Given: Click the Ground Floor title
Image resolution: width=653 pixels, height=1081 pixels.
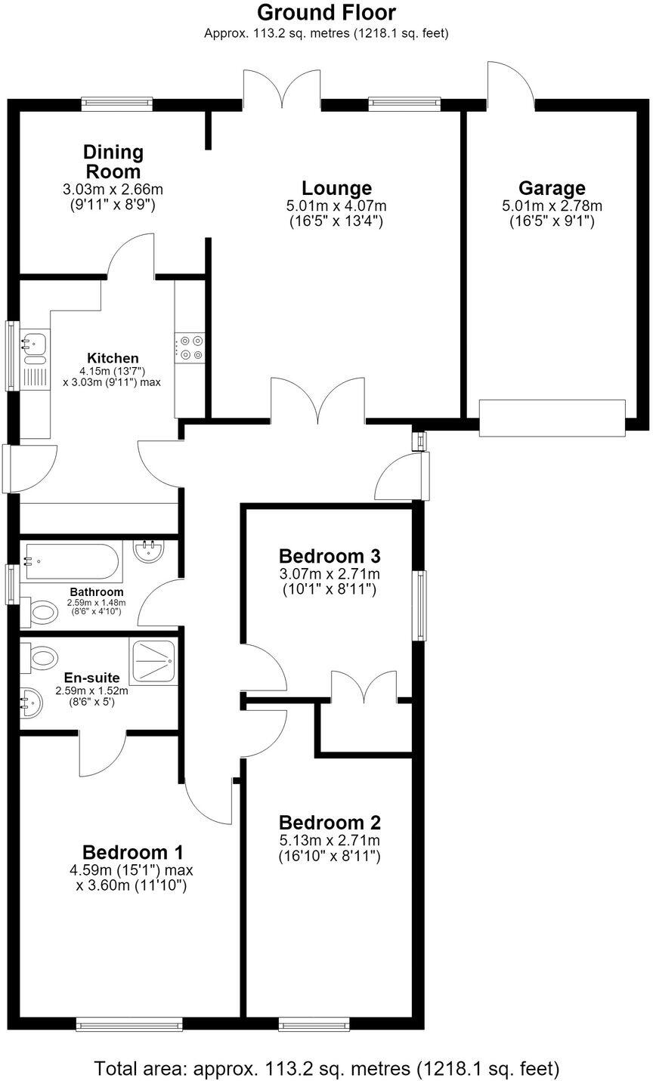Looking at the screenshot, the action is pyautogui.click(x=326, y=13).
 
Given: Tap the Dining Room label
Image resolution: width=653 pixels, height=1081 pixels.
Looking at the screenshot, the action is pyautogui.click(x=113, y=162).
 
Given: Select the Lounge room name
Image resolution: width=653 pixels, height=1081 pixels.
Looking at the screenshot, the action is pyautogui.click(x=336, y=188).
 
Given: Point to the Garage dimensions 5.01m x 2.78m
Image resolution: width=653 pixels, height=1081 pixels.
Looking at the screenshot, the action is pyautogui.click(x=552, y=206).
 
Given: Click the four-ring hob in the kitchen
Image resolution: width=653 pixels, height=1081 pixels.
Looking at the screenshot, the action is pyautogui.click(x=190, y=348).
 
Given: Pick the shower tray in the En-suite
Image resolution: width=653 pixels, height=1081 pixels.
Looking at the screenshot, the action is pyautogui.click(x=153, y=661).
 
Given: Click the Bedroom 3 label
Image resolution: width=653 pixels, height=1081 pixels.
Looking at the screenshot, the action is pyautogui.click(x=330, y=557).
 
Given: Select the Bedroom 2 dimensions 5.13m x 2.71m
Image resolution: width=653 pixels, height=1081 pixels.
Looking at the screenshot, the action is pyautogui.click(x=330, y=840).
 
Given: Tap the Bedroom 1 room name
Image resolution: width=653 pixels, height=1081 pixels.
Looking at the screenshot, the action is pyautogui.click(x=133, y=853).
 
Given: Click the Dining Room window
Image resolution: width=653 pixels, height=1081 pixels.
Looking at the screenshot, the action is pyautogui.click(x=117, y=103).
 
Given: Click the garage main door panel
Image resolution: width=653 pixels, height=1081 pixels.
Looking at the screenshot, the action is pyautogui.click(x=552, y=418).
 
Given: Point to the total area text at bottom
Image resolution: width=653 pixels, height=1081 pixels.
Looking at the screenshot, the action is pyautogui.click(x=326, y=1068).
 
